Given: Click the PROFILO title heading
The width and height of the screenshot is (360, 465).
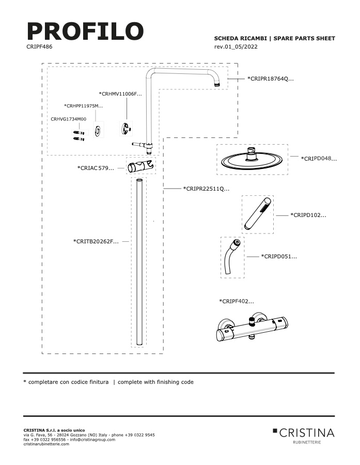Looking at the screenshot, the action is tap(85, 31).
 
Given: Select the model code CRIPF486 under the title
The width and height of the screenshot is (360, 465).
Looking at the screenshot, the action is tap(39, 47).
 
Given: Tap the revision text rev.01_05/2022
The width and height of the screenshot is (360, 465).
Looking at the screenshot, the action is tap(236, 47).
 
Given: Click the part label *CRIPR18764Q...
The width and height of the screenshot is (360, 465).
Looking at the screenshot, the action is tap(271, 79).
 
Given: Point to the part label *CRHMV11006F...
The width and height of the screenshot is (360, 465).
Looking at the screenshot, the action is tap(120, 94).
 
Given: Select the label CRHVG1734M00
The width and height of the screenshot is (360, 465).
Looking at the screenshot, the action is tap(69, 119).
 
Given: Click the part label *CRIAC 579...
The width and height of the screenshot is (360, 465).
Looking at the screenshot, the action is tap(96, 168).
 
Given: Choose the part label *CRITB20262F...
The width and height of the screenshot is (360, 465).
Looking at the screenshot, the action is tap(96, 241).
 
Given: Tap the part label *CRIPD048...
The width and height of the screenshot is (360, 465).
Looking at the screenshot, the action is tap(319, 159).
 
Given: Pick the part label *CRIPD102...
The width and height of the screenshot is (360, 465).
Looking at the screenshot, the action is tap(308, 215).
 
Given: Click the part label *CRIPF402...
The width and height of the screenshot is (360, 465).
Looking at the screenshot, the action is tap(237, 301).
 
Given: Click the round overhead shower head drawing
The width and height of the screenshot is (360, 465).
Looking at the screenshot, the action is tap(252, 159).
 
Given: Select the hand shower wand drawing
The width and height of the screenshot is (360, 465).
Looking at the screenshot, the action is tap(257, 213).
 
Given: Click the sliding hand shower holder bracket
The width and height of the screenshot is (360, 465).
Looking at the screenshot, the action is tap(141, 166).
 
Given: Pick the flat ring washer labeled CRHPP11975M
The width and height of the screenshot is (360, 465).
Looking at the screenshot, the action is tap(98, 131).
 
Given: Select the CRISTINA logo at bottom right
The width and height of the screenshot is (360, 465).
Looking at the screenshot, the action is tap(304, 435).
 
